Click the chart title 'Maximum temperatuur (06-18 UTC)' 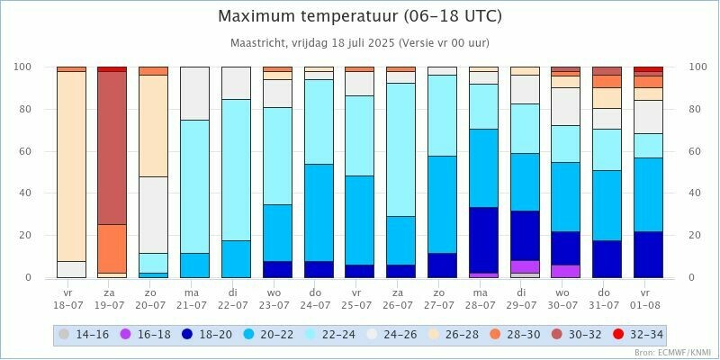click(360, 16)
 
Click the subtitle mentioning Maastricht click(360, 42)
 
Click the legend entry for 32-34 click(638, 335)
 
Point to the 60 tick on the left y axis click(24, 151)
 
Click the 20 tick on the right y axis click(695, 235)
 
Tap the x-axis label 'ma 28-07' click(482, 298)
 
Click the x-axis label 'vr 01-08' click(647, 298)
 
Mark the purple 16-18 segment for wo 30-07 click(565, 271)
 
